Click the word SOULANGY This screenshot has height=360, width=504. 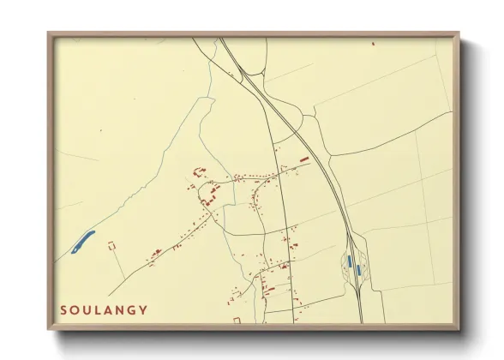point(104,309)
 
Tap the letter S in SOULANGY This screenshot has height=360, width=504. point(64,309)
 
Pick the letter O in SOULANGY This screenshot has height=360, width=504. point(75,309)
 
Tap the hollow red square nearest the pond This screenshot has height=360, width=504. point(111,245)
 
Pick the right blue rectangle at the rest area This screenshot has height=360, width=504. point(357,270)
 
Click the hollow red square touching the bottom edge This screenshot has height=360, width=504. point(237,320)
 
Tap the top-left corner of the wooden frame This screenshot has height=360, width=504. point(49,33)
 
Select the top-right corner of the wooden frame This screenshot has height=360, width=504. point(459,33)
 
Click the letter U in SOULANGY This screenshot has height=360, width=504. point(87,309)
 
